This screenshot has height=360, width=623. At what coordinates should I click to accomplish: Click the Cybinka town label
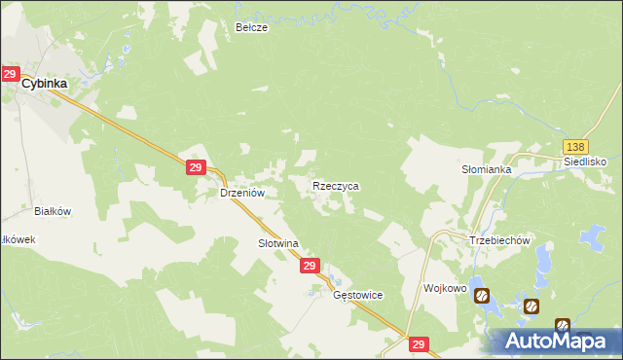point(46,84)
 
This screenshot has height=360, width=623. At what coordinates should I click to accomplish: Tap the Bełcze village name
point(251,28)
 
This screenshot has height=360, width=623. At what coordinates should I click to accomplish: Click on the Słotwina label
point(276,243)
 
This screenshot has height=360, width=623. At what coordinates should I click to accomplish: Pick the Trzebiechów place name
point(498,241)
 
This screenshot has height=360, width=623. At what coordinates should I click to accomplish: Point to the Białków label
point(54,210)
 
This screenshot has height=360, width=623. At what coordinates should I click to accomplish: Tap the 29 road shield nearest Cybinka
point(11,74)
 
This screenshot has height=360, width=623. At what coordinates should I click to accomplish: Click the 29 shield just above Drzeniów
point(196,168)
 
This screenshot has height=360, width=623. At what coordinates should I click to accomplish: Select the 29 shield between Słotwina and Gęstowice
point(310,266)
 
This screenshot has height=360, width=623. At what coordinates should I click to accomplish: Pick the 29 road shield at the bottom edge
point(419,344)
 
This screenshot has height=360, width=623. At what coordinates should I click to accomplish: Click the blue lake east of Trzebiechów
point(590,235)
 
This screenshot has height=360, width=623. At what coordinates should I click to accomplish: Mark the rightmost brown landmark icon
point(562,325)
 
